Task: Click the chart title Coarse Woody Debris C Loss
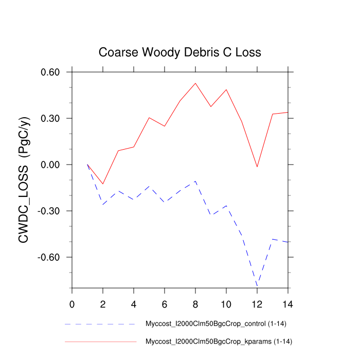coord(179,52)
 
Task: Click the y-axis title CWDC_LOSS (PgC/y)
coord(24,179)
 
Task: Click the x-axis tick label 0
coord(72,303)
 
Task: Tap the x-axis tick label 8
coord(195,303)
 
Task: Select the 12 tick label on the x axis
coord(257,303)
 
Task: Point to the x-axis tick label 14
coord(288,303)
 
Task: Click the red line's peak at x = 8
coord(195,83)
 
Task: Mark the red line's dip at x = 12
coord(257,167)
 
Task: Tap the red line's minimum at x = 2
coord(103,184)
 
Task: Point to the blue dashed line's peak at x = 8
coord(195,181)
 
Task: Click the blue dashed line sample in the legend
coord(100,325)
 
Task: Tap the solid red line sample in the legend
coord(100,341)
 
